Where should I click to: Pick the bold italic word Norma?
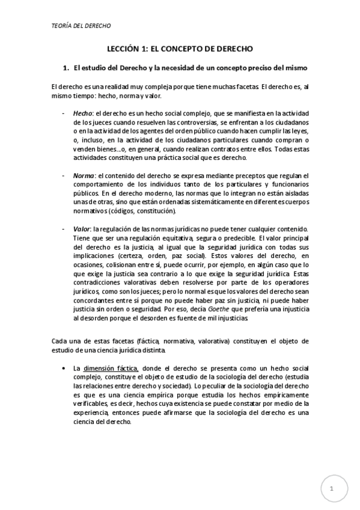coord(84,174)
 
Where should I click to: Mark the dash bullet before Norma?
coord(64,174)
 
